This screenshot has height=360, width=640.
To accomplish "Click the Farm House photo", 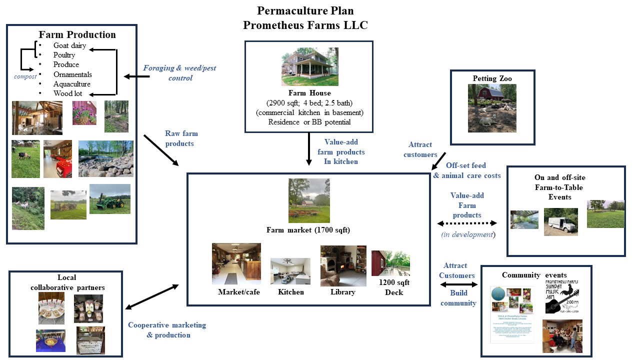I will pyautogui.click(x=309, y=66).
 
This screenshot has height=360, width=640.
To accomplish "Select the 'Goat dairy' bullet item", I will pyautogui.click(x=69, y=45).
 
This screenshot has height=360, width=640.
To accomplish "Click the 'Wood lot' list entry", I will pyautogui.click(x=67, y=93).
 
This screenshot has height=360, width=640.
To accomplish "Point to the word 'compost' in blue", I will pyautogui.click(x=25, y=76).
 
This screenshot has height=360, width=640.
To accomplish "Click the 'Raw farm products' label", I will pyautogui.click(x=181, y=138).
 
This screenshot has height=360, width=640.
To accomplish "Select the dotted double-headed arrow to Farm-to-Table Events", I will pyautogui.click(x=467, y=223).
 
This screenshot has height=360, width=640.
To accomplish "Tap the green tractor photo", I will pyautogui.click(x=109, y=198).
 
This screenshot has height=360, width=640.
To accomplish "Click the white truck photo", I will pyautogui.click(x=560, y=221).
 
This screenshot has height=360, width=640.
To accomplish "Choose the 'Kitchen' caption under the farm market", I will pyautogui.click(x=290, y=292).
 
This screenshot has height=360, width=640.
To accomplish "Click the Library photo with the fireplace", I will pyautogui.click(x=343, y=265).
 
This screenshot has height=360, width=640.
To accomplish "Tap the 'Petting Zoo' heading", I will pyautogui.click(x=492, y=78).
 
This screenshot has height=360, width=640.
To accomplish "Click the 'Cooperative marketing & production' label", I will pyautogui.click(x=167, y=330).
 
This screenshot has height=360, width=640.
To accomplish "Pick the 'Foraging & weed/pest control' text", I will pyautogui.click(x=179, y=73).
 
